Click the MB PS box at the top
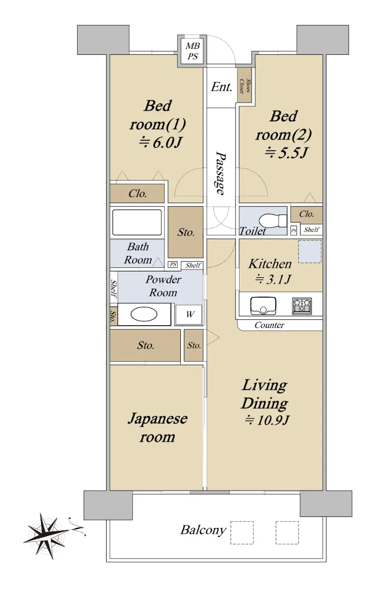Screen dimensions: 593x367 [x=192, y=51]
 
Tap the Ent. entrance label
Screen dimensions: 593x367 [x=222, y=87]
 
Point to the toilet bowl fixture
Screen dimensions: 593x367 [x=270, y=219]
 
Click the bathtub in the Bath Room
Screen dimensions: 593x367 [x=137, y=222]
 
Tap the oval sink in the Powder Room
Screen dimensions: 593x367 [x=144, y=314]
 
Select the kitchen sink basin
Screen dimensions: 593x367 [x=265, y=306]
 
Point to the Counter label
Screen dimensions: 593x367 [x=269, y=325]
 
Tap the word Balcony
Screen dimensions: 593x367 [x=203, y=531]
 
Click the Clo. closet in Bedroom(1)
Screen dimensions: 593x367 [x=137, y=194]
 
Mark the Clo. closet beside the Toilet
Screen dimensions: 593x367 [x=306, y=214]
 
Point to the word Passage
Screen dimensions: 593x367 [x=221, y=173]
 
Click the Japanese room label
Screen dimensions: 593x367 [x=157, y=427]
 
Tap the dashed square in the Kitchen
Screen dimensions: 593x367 [x=310, y=252]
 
